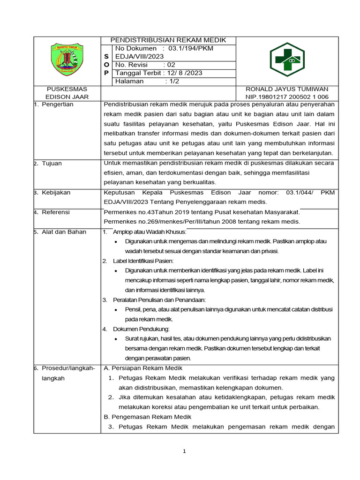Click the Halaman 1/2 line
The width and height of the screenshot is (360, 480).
click(x=147, y=81)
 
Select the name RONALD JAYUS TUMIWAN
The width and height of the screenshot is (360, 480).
click(x=290, y=89)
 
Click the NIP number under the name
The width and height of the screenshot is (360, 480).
click(x=290, y=97)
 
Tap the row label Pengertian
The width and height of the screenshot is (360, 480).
click(x=57, y=104)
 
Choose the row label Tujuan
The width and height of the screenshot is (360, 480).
click(x=52, y=163)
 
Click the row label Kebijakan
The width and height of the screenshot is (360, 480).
click(x=56, y=192)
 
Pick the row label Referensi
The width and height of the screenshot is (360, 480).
click(x=56, y=212)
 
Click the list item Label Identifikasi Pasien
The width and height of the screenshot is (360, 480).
click(x=143, y=260)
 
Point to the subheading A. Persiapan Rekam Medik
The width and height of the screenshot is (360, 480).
click(x=142, y=368)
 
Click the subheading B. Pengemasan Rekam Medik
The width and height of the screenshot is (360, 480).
click(x=144, y=417)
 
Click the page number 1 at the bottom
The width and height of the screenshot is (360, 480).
click(x=184, y=451)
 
